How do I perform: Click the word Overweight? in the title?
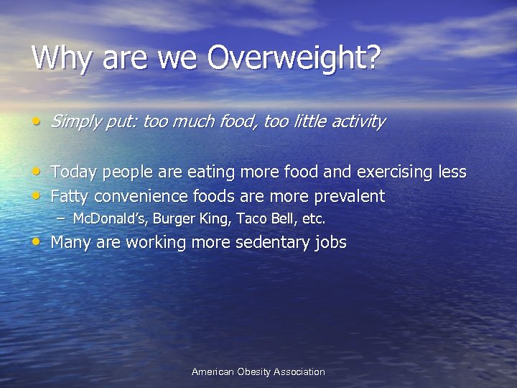coord(294,58)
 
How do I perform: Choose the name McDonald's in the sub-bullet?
coord(106,218)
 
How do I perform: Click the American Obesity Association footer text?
coord(258,371)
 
